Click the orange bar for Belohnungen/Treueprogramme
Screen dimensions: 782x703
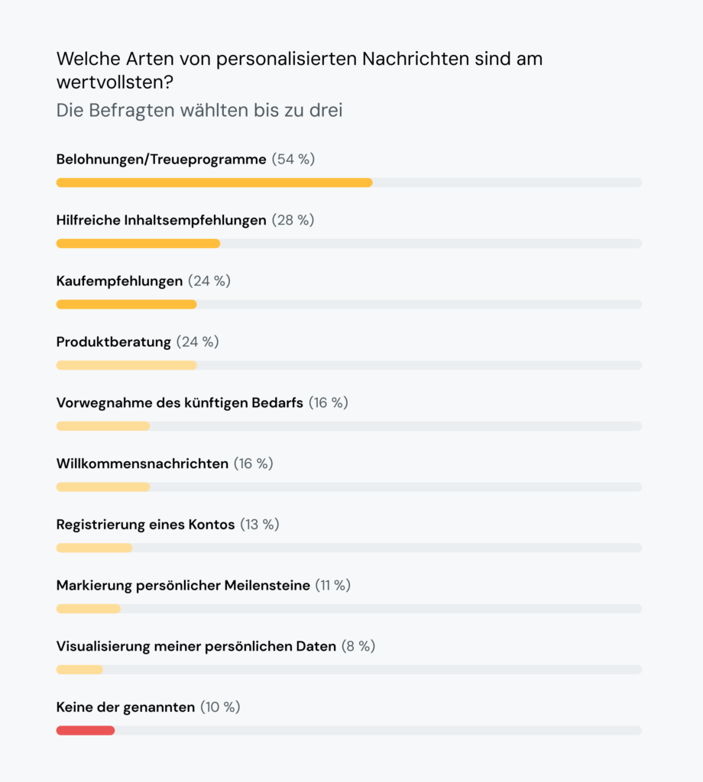214,183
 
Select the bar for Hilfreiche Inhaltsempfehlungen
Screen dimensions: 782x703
138,244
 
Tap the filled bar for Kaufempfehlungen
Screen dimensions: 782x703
126,304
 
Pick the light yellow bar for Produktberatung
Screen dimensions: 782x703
126,365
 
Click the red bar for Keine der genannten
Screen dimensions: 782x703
85,731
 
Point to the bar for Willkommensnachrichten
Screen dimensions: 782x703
102,487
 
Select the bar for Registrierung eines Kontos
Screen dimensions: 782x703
94,548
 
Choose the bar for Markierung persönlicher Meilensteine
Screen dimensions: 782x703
88,609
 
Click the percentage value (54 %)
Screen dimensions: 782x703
293,160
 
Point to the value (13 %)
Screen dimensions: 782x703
260,525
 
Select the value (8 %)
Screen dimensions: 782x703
358,647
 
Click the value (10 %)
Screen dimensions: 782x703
220,707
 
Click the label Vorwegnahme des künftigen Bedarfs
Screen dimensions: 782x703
180,403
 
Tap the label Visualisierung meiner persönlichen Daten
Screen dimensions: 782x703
196,647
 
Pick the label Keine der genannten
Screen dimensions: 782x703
125,707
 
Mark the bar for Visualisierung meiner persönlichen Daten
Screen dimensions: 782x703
79,670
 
